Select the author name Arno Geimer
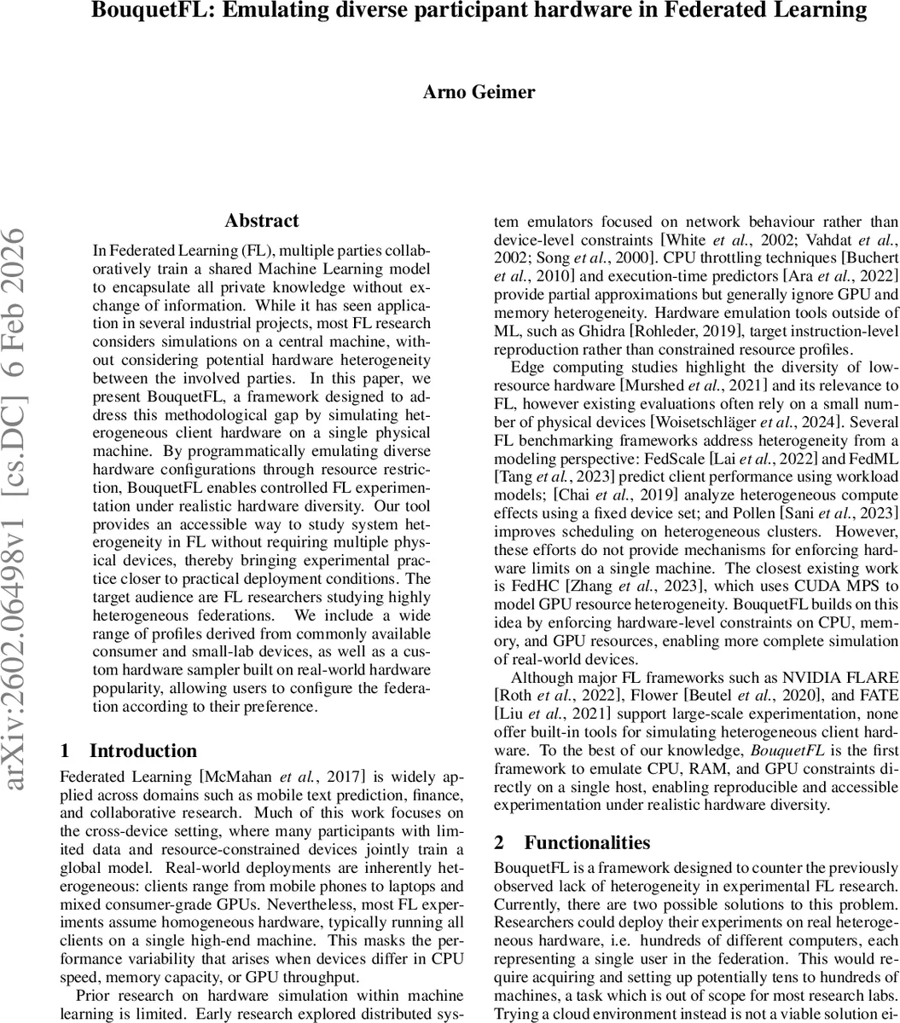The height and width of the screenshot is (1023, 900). point(479,92)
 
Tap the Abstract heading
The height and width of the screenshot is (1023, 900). point(262,221)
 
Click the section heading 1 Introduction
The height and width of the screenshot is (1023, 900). point(129,751)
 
